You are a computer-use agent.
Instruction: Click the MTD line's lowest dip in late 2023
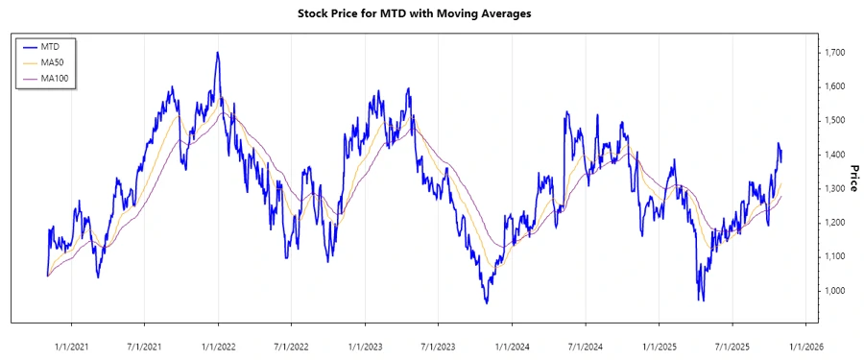pyautogui.click(x=487, y=303)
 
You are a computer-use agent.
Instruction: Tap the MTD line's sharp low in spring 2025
pyautogui.click(x=701, y=300)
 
